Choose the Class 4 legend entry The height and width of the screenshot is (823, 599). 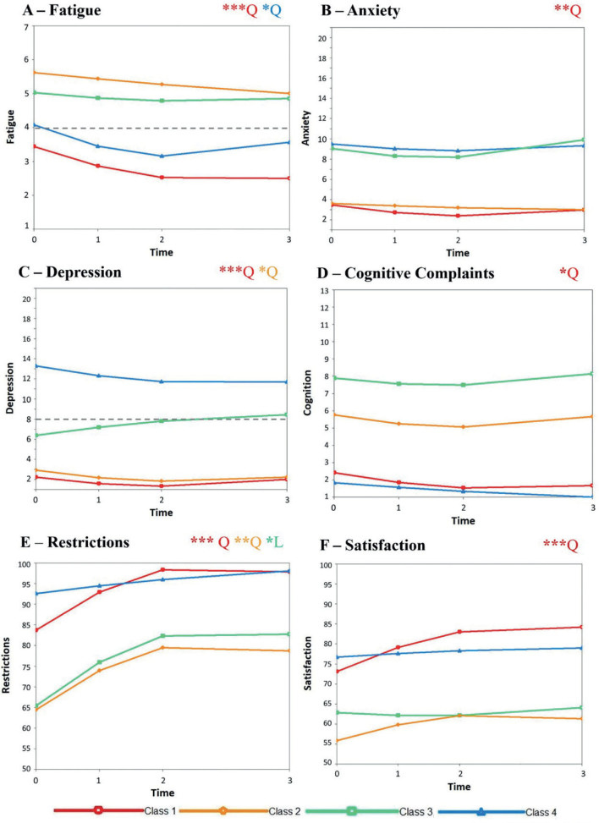point(508,810)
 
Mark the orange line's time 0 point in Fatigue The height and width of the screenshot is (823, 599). point(34,73)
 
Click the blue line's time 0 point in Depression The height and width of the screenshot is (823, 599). point(34,365)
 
